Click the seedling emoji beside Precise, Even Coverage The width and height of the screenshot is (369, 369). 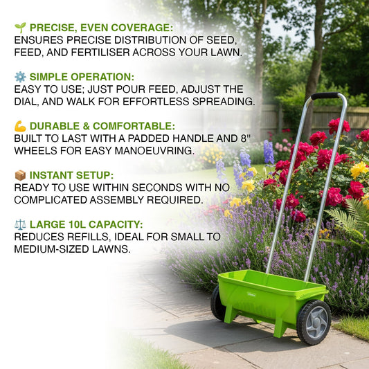pos(20,28)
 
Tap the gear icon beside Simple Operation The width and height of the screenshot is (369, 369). pos(20,77)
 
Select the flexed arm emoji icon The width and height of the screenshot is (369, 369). pos(20,126)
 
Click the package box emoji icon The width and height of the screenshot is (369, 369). pos(20,175)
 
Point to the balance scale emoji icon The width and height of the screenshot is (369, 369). pos(20,224)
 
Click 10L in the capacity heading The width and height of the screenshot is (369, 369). pos(71,224)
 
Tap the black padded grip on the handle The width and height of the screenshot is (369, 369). pos(325,96)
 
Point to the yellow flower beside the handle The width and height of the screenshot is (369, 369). pos(359,169)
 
